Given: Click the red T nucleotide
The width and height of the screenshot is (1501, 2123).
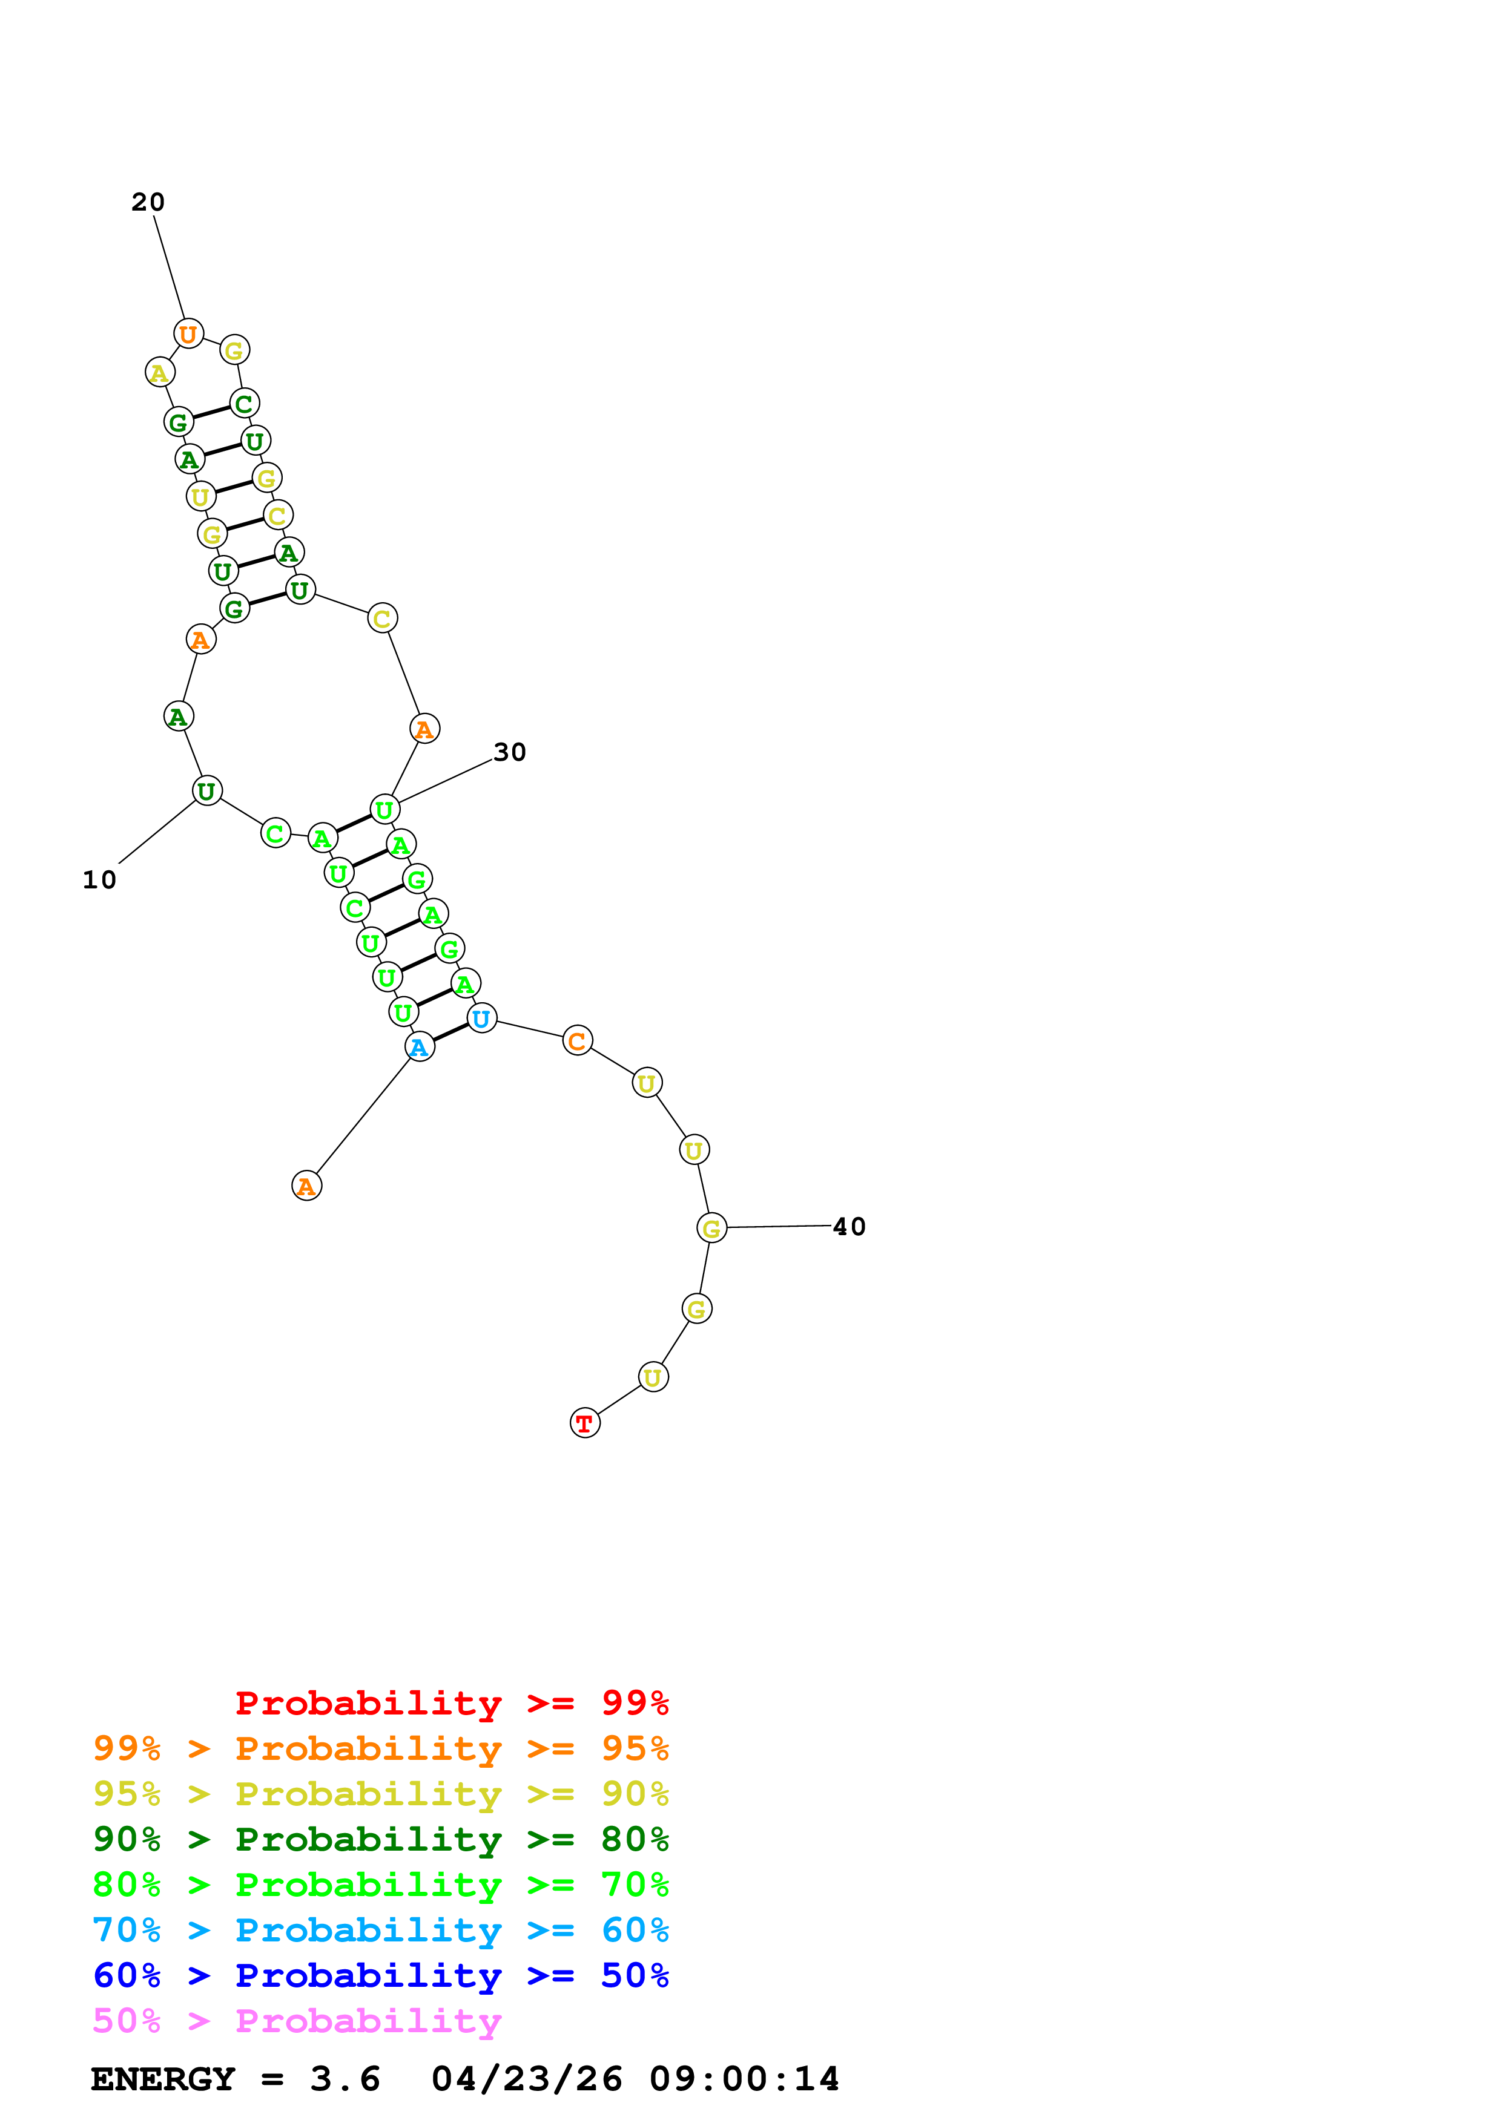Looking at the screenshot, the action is click(584, 1423).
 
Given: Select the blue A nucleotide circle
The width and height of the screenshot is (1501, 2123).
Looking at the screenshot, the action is click(420, 1047).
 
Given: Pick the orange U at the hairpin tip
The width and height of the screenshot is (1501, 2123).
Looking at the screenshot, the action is click(189, 334).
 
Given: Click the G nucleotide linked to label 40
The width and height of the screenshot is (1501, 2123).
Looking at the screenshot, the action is click(711, 1228).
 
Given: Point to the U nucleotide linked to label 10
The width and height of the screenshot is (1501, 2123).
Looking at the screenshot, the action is click(207, 790).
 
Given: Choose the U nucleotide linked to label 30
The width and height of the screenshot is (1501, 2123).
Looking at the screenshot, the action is click(384, 809).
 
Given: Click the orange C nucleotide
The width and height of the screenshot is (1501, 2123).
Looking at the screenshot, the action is click(577, 1041).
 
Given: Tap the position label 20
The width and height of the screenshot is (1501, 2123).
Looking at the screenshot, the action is click(148, 202).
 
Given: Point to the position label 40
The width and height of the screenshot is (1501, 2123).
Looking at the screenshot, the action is click(849, 1227).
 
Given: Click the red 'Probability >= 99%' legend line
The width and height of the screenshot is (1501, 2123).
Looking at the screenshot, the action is click(451, 1703).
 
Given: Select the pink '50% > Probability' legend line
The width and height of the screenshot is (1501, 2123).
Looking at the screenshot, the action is click(297, 2021).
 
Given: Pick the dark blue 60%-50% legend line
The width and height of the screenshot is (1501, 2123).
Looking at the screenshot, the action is click(380, 1976).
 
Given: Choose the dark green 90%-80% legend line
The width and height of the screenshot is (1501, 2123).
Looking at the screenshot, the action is click(380, 1840).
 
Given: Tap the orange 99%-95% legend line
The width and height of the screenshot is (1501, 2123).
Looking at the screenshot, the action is click(380, 1748).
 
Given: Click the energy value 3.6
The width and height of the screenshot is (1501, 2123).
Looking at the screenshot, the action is click(345, 2079).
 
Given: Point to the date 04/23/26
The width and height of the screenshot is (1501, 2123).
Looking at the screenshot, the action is click(527, 2079).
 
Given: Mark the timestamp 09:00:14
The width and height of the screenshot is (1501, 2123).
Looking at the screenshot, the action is click(745, 2079).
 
